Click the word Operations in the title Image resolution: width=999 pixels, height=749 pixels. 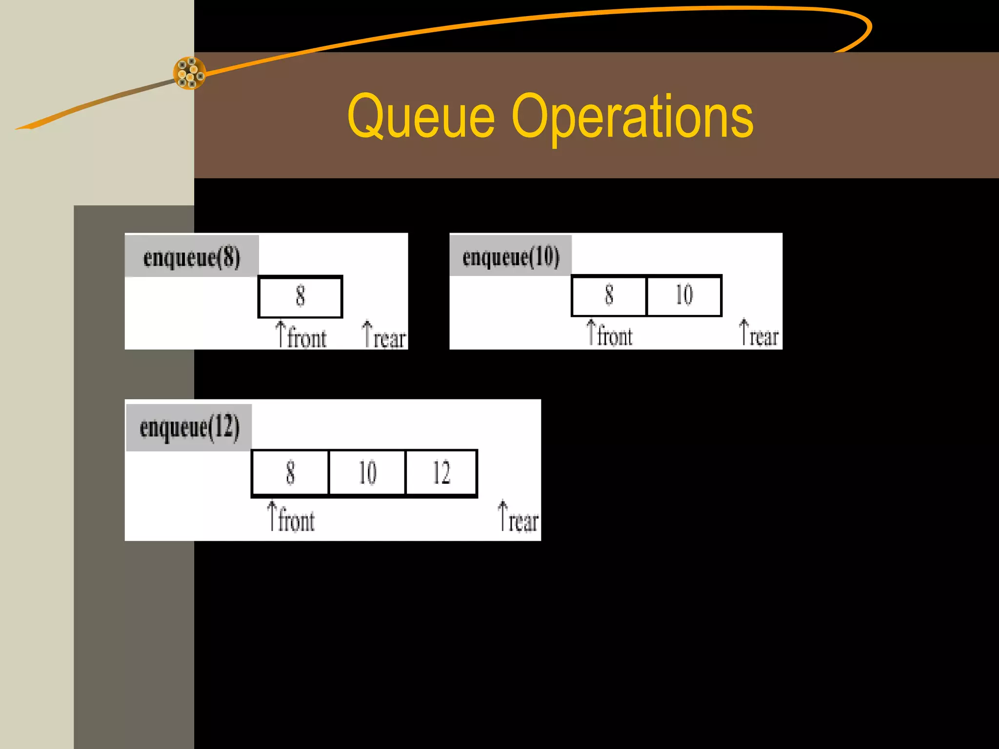click(x=632, y=117)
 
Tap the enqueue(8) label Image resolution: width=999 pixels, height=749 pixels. click(x=192, y=257)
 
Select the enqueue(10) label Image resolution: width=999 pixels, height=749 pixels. click(x=511, y=256)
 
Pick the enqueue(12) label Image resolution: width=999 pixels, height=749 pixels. click(x=189, y=427)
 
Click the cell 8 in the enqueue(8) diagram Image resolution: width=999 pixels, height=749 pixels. click(x=300, y=296)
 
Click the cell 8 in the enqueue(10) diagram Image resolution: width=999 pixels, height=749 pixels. click(x=609, y=296)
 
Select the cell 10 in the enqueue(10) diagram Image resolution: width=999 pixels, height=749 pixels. click(x=684, y=296)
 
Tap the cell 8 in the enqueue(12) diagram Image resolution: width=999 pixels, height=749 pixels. click(x=290, y=473)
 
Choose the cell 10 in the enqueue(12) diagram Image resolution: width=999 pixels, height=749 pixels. click(x=367, y=473)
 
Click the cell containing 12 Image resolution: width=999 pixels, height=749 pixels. click(x=441, y=473)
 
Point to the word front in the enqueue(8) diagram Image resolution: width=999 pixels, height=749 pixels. click(x=307, y=338)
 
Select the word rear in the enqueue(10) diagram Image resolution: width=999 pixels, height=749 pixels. click(x=764, y=337)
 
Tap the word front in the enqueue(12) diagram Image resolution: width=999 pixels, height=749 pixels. click(x=297, y=520)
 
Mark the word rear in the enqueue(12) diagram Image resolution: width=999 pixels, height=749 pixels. click(x=523, y=521)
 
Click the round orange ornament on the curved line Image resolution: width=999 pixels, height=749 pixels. click(x=190, y=73)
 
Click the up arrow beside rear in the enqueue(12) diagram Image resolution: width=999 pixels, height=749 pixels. click(x=503, y=515)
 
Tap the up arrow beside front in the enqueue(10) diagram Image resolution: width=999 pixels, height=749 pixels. click(x=591, y=332)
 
